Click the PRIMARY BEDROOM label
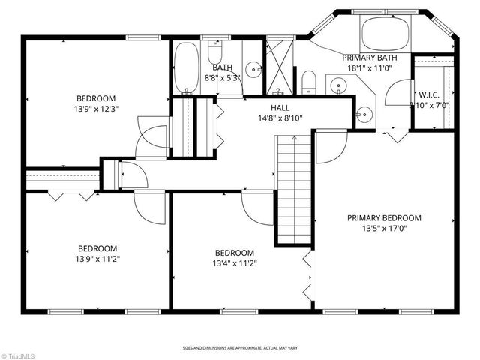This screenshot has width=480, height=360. click(x=383, y=218)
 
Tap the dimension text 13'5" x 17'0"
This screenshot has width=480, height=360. click(x=383, y=229)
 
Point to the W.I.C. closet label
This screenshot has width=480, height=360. click(x=429, y=95)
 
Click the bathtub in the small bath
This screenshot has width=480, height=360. click(x=187, y=67)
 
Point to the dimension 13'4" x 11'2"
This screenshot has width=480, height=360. click(x=235, y=263)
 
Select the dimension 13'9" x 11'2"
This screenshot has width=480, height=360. click(x=97, y=259)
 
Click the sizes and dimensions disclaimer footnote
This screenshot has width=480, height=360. click(x=239, y=348)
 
